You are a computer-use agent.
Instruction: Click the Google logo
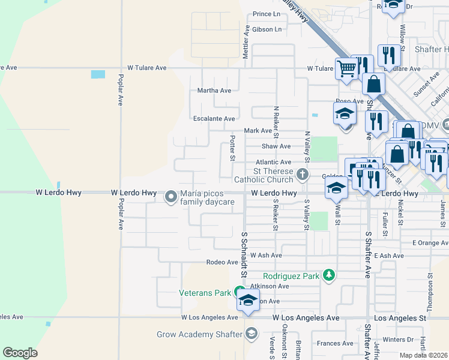20,353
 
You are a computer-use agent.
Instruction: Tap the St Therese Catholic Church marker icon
303,175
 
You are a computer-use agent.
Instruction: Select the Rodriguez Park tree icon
328,275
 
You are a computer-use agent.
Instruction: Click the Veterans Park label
205,293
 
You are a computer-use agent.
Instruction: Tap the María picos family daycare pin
171,196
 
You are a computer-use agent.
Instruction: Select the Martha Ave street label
214,91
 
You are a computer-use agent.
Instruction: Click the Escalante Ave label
214,119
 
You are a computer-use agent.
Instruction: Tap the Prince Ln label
267,14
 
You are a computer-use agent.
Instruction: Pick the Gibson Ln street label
267,29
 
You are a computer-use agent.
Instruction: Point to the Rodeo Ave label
222,262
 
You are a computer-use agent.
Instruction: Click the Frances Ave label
336,344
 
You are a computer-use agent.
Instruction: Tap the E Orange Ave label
430,242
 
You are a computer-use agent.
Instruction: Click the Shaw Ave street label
276,146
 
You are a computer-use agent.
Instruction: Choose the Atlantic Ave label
273,162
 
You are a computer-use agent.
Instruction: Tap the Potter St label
232,148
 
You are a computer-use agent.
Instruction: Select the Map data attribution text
424,355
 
